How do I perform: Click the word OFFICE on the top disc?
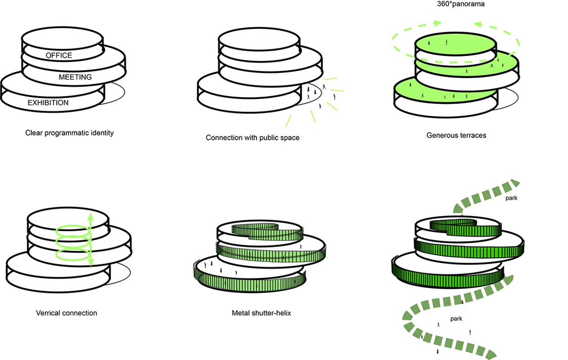click(59, 55)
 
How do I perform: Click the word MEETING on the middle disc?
click(75, 77)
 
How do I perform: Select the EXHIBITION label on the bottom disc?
click(48, 103)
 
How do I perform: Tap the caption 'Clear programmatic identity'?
click(69, 133)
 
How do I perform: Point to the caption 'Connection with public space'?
click(252, 137)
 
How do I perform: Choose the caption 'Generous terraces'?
click(456, 135)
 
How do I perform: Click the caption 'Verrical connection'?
click(67, 312)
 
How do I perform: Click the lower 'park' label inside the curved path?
click(456, 319)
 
